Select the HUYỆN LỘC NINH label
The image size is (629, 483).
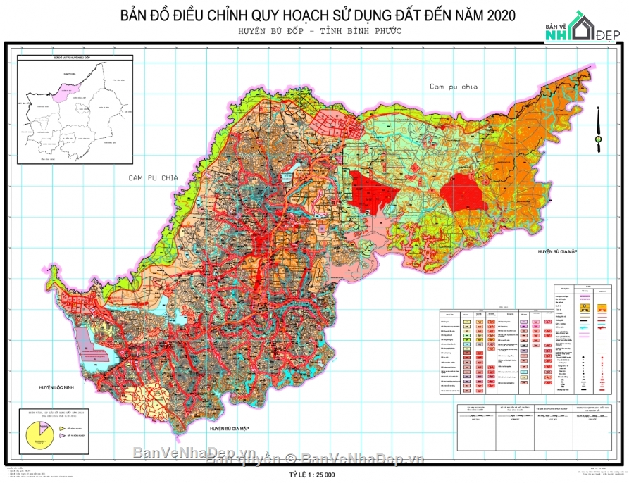63,388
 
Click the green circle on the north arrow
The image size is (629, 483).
598,139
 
